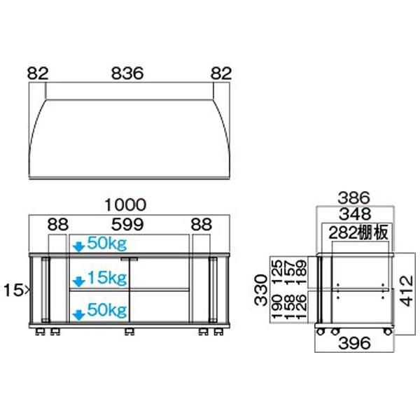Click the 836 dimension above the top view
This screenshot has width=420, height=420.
127,73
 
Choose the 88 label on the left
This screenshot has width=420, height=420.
59,225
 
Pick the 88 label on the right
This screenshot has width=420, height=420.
202,225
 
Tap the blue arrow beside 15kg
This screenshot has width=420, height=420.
79,281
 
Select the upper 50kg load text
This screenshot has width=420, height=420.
106,245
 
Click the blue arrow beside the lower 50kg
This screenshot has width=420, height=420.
79,310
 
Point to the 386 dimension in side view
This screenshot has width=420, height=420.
353,198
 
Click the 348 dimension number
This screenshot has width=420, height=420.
353,215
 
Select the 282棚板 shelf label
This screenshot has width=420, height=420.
359,232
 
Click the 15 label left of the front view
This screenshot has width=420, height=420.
15,288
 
